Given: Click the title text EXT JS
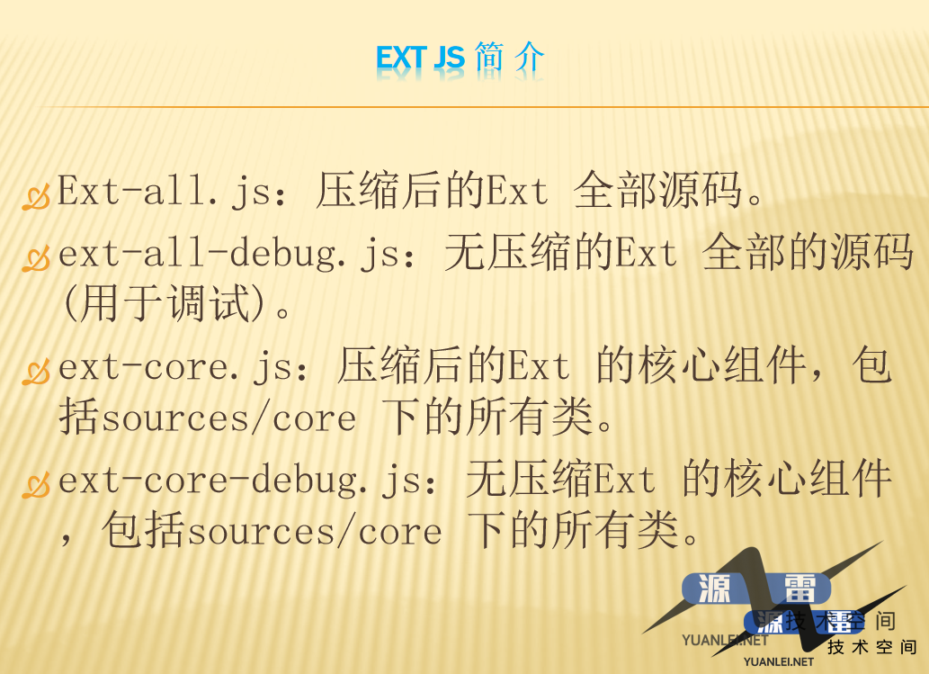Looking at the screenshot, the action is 420,58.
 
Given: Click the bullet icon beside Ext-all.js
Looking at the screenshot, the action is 36,197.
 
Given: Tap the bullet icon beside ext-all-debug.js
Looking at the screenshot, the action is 36,258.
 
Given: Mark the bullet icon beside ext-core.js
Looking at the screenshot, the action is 36,372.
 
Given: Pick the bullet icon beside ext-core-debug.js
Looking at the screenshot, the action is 36,485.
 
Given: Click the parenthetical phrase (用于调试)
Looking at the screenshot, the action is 164,303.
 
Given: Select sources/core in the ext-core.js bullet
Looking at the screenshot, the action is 229,418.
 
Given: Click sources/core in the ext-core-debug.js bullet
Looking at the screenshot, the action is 315,531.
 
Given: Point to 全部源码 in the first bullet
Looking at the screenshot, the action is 657,190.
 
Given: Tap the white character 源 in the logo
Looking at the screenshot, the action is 714,589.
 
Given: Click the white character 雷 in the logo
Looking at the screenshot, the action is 799,589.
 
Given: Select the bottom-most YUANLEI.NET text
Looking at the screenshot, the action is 779,661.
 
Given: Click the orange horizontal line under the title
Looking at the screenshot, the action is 481,107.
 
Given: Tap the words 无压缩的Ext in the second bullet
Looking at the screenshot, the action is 560,253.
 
